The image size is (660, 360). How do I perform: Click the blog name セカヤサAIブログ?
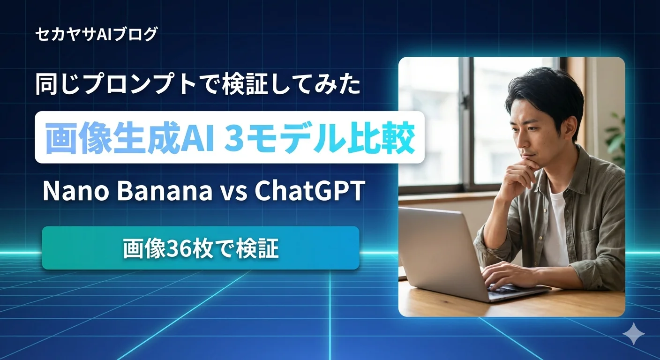(x=96, y=34)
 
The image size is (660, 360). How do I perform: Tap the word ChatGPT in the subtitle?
(x=309, y=191)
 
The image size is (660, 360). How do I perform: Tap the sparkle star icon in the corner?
(x=633, y=333)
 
